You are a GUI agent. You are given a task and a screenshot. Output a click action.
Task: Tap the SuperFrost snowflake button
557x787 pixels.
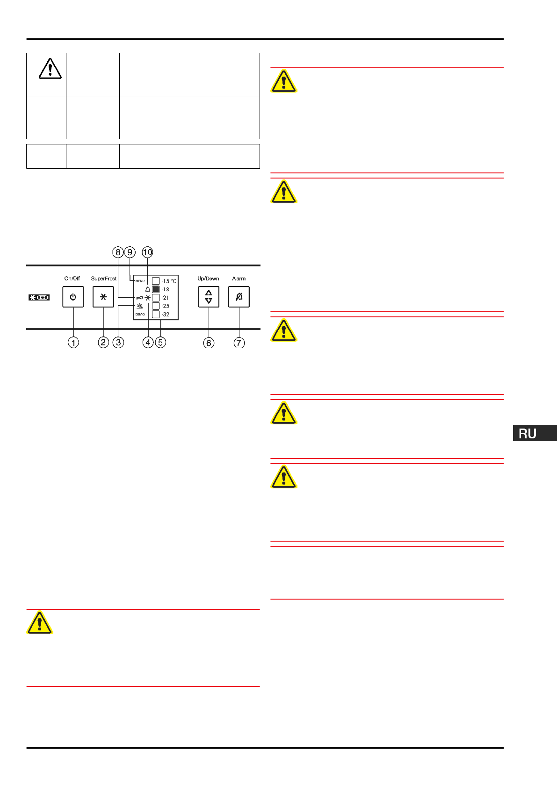[x=103, y=297]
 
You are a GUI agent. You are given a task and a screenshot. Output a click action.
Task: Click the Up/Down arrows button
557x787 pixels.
[x=209, y=297]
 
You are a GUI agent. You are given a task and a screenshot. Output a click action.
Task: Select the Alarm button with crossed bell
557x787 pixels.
[x=239, y=297]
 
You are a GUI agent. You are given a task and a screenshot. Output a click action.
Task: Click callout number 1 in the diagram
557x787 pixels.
[x=73, y=343]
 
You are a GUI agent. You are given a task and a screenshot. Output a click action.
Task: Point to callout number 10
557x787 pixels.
[x=147, y=252]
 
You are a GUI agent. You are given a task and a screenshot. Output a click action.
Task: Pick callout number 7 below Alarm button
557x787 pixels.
[x=239, y=343]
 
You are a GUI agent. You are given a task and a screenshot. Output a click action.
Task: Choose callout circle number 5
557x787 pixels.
[x=160, y=343]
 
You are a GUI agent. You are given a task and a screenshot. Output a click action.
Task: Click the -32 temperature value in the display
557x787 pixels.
[x=166, y=315]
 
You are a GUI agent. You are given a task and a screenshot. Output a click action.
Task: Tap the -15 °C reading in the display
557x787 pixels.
[x=169, y=281]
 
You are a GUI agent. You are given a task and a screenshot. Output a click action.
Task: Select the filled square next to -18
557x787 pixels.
[x=156, y=289]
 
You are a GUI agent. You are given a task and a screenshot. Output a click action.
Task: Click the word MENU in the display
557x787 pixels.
[x=140, y=281]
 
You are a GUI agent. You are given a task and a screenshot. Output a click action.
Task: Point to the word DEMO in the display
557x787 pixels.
[x=140, y=315]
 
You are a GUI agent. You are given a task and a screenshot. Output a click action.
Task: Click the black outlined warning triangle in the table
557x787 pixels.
[x=50, y=69]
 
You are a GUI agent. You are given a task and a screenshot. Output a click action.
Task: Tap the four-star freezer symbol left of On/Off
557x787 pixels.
[x=39, y=297]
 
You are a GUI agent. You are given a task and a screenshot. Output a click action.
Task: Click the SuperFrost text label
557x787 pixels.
[x=104, y=279]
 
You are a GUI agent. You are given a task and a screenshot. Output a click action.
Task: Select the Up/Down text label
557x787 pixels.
[x=208, y=279]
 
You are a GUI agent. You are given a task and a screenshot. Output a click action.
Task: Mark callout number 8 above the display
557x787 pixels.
[x=118, y=252]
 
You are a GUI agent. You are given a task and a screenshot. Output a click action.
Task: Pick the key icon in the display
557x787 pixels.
[x=139, y=298]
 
